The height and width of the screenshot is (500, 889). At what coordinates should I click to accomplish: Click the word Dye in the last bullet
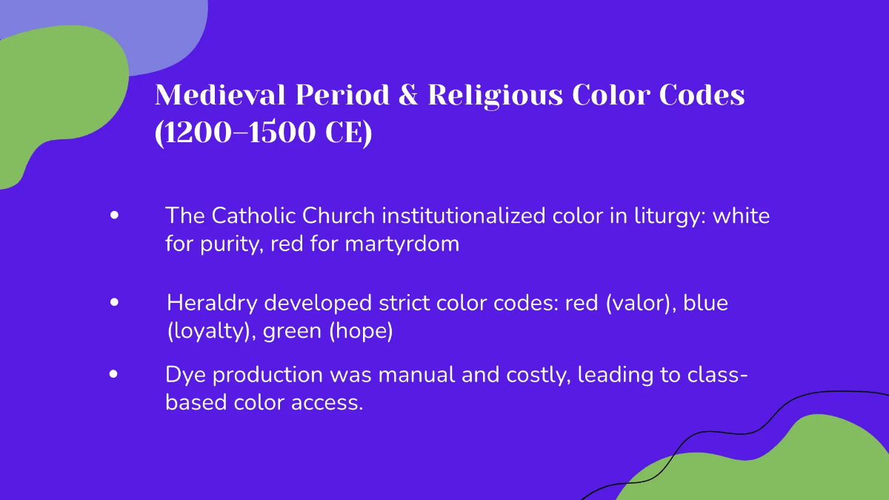click(184, 376)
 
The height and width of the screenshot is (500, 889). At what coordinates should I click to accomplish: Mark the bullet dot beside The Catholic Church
click(113, 216)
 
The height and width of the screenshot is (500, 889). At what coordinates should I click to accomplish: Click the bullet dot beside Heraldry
click(113, 302)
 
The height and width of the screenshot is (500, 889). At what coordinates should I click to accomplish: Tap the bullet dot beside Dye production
click(113, 374)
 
